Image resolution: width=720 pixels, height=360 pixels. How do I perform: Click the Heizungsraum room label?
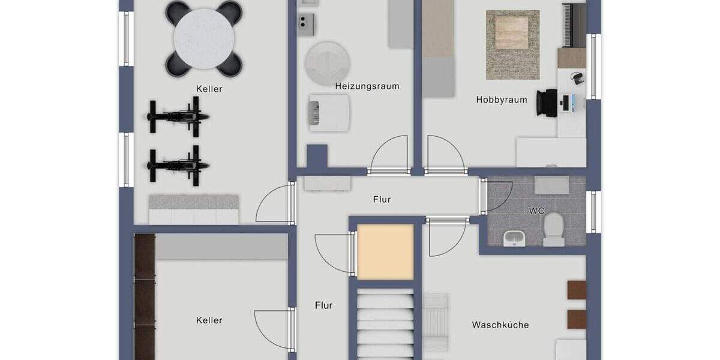coord(367,86)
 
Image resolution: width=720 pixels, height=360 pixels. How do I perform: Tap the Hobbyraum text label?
coord(502,100)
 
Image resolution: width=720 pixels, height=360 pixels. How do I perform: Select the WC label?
coord(536,211)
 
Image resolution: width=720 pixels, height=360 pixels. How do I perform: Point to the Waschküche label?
coord(500,325)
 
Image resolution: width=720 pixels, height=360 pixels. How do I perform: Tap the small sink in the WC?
coord(514,238)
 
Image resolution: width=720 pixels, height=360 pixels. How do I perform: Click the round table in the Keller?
coord(203,38)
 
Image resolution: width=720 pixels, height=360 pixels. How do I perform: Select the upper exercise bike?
coord(178,116)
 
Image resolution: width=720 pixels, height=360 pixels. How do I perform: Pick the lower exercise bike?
coord(178,164)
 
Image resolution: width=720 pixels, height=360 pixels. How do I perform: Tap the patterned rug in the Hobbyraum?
coord(512,45)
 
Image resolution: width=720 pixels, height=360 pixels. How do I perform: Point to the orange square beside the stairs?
coord(386,252)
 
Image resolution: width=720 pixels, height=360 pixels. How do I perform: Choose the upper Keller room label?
coord(209,89)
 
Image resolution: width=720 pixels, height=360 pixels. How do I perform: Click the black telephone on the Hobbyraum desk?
coord(577,78)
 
